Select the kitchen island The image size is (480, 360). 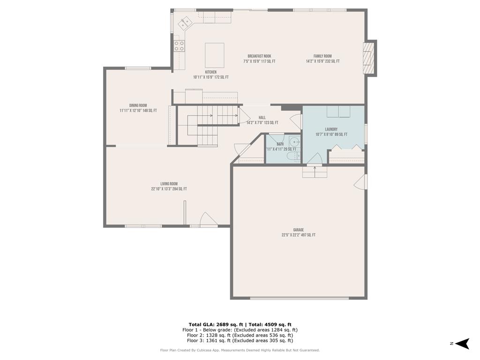pyautogui.click(x=214, y=55)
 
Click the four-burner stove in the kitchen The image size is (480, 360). pyautogui.click(x=179, y=45)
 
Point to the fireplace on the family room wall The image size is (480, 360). pyautogui.click(x=369, y=58)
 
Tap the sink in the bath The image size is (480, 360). pyautogui.click(x=294, y=142)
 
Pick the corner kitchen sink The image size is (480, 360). pyautogui.click(x=185, y=21)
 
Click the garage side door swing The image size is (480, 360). pyautogui.click(x=361, y=182)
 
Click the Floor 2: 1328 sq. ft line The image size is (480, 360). pyautogui.click(x=240, y=335)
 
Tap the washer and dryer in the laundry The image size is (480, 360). pyautogui.click(x=338, y=112)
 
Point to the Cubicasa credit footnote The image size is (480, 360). pyautogui.click(x=240, y=350)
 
